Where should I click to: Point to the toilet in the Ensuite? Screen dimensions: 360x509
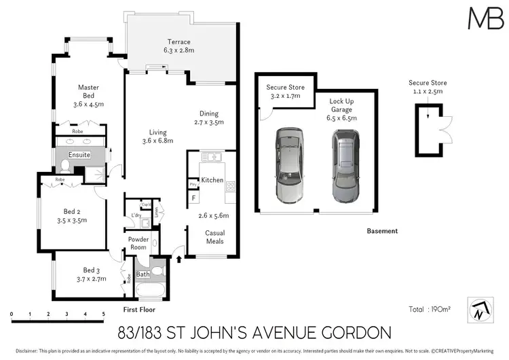(64, 165)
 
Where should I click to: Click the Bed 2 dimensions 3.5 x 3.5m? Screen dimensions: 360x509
(71, 221)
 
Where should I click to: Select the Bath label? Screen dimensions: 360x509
(143, 274)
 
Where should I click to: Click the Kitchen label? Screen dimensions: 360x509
(212, 180)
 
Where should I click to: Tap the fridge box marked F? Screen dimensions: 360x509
(193, 198)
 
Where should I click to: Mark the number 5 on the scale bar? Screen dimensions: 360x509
(104, 314)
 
